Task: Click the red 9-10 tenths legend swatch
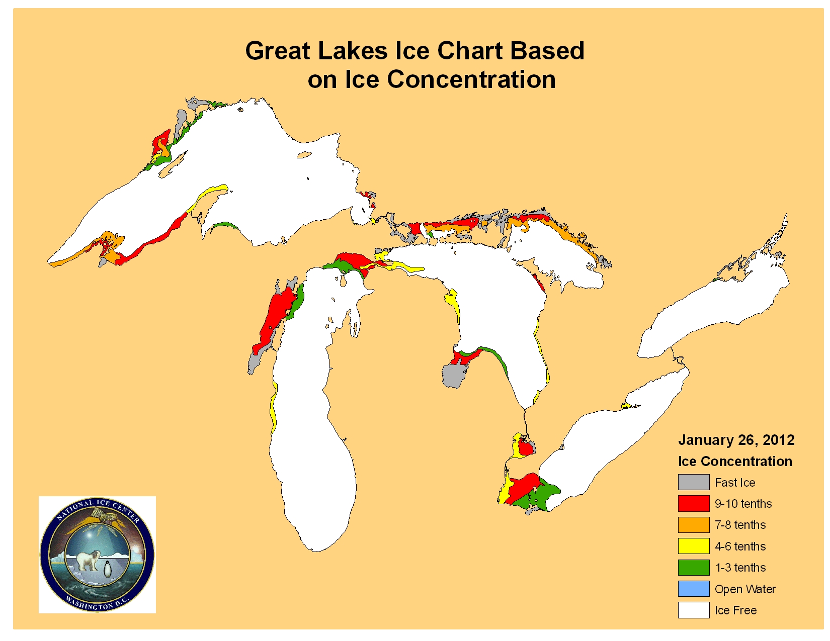693,503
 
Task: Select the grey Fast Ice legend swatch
693,482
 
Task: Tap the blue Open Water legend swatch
693,589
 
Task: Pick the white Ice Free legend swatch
693,610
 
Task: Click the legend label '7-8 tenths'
740,525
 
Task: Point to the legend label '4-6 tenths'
740,546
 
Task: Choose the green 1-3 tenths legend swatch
693,568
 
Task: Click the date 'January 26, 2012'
736,440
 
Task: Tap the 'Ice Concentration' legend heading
734,461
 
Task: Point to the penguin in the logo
108,569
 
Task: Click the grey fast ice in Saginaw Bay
454,375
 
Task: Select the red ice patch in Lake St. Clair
525,447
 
